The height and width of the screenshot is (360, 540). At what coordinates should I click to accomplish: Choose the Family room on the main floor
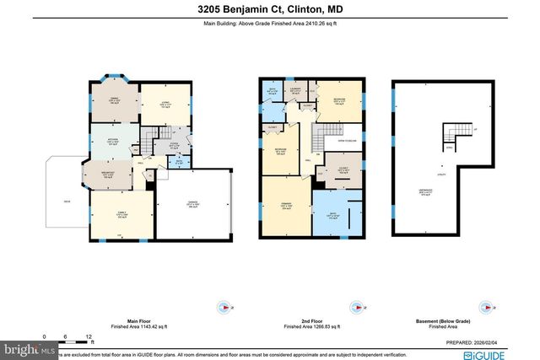click(x=121, y=215)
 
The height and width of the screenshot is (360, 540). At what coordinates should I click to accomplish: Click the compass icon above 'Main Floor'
click(x=223, y=309)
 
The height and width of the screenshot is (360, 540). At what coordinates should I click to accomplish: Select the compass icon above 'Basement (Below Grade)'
click(x=482, y=309)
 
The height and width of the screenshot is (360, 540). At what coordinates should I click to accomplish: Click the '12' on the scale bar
click(x=88, y=336)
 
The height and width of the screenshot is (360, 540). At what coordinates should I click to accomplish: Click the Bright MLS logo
click(x=28, y=347)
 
